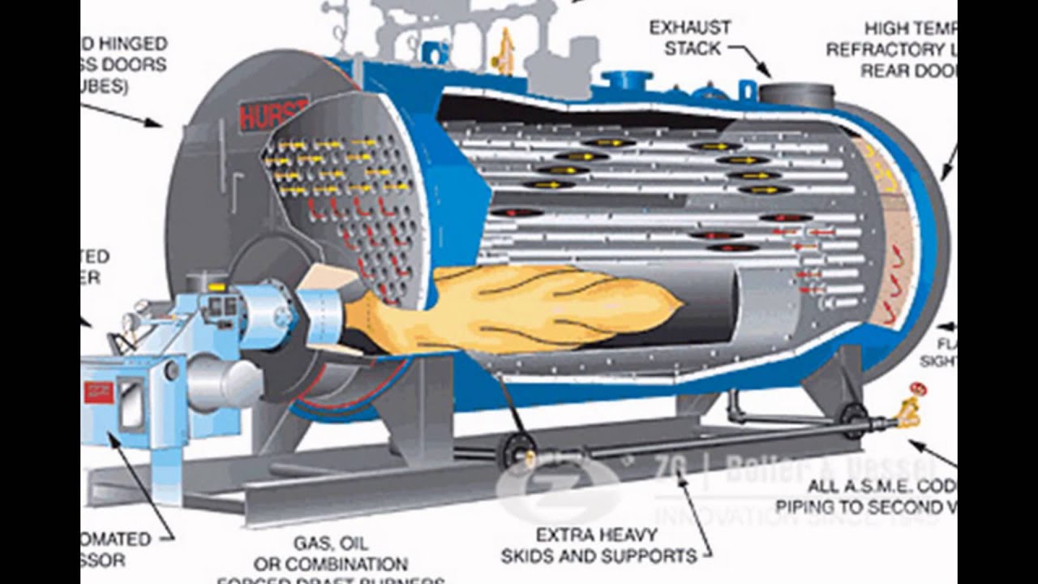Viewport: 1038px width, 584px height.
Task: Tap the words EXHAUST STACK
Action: click(x=690, y=38)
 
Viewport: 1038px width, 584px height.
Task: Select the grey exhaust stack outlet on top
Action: click(x=796, y=94)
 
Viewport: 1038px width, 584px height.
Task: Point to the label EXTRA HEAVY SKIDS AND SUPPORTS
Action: click(x=599, y=546)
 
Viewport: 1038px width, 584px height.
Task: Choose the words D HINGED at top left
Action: click(x=127, y=43)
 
